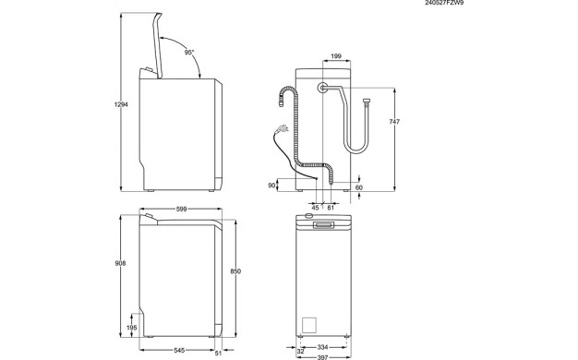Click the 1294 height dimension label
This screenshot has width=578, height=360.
121,104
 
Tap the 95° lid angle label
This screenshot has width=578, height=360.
189,53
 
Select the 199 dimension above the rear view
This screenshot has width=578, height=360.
336,56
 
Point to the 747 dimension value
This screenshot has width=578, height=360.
394,122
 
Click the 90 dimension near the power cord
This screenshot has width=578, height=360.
271,186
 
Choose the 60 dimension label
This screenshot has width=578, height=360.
359,187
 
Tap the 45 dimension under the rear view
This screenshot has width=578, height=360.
315,208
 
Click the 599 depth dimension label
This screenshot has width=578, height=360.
181,210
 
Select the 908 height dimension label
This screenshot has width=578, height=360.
121,263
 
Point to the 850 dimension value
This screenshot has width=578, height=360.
235,271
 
